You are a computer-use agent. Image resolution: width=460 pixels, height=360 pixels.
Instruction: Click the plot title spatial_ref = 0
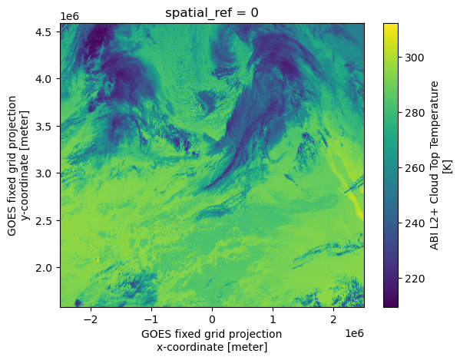[x=212, y=13]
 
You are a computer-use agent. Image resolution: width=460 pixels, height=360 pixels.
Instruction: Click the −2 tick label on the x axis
[x=91, y=319]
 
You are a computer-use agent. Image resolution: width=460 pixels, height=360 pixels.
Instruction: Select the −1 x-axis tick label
[x=152, y=319]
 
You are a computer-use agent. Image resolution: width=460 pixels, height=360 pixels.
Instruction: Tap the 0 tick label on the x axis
[x=212, y=319]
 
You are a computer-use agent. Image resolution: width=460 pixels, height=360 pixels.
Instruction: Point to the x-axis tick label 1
[x=273, y=319]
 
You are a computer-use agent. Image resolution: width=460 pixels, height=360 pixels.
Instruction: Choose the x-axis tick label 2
[x=333, y=319]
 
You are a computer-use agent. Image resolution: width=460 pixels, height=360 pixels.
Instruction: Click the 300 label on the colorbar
[x=414, y=58]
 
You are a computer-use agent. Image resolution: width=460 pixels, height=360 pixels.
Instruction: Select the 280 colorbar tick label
[x=414, y=113]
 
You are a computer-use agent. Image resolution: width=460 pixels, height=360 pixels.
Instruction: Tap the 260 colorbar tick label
[x=414, y=168]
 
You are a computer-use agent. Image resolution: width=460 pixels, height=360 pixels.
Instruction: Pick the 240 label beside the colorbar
[x=414, y=223]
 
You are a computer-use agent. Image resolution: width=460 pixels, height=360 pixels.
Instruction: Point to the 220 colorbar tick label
[x=414, y=279]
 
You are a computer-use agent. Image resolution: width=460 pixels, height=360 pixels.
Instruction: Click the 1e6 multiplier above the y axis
[x=70, y=16]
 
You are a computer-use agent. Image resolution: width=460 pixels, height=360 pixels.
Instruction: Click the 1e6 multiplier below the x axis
[x=355, y=333]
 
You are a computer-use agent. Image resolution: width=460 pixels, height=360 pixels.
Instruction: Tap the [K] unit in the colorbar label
[x=448, y=167]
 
